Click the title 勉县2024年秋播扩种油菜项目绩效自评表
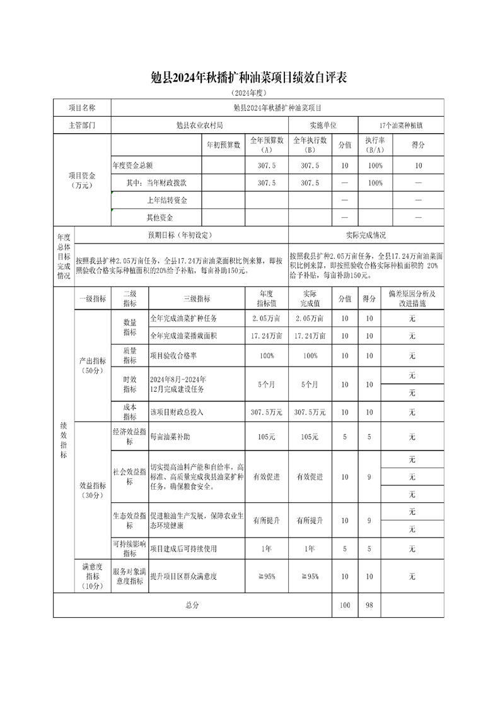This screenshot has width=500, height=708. pyautogui.click(x=250, y=78)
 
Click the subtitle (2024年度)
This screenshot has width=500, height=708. pyautogui.click(x=250, y=93)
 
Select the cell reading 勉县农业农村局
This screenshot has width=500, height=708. pyautogui.click(x=199, y=126)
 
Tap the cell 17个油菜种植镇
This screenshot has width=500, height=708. pyautogui.click(x=401, y=126)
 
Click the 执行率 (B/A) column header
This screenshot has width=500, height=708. pyautogui.click(x=375, y=145)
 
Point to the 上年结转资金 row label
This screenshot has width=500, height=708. pyautogui.click(x=166, y=200)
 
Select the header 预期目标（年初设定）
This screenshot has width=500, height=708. pyautogui.click(x=181, y=235)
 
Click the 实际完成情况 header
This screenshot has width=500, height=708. pyautogui.click(x=366, y=235)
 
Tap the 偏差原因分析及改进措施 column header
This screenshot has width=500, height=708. pyautogui.click(x=412, y=298)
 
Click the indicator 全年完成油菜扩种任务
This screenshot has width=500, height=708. pyautogui.click(x=181, y=319)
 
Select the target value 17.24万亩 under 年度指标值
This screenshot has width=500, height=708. pyautogui.click(x=266, y=336)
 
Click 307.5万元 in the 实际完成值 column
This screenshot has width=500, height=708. pyautogui.click(x=310, y=412)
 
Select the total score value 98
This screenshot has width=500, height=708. pyautogui.click(x=369, y=605)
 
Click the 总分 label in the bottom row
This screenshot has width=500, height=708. pyautogui.click(x=192, y=605)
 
